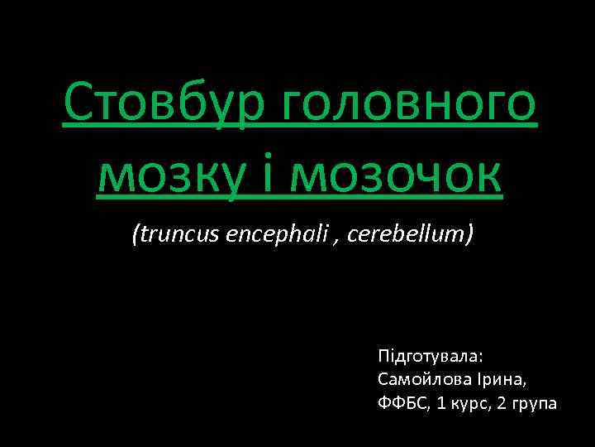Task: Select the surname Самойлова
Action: pyautogui.click(x=418, y=380)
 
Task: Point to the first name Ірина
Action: pyautogui.click(x=495, y=380)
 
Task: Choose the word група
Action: pyautogui.click(x=536, y=404)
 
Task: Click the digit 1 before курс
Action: pyautogui.click(x=439, y=403)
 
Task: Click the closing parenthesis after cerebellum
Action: pyautogui.click(x=469, y=235)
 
